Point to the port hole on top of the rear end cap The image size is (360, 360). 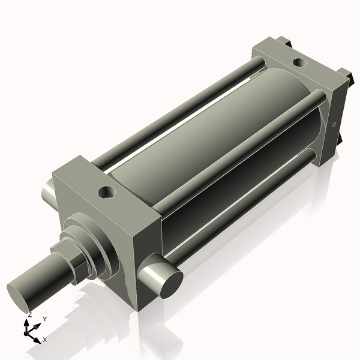[298, 61]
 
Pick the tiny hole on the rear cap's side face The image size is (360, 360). [334, 125]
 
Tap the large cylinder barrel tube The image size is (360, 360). [198, 138]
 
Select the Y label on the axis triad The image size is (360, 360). [45, 319]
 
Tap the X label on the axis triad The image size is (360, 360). [45, 340]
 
